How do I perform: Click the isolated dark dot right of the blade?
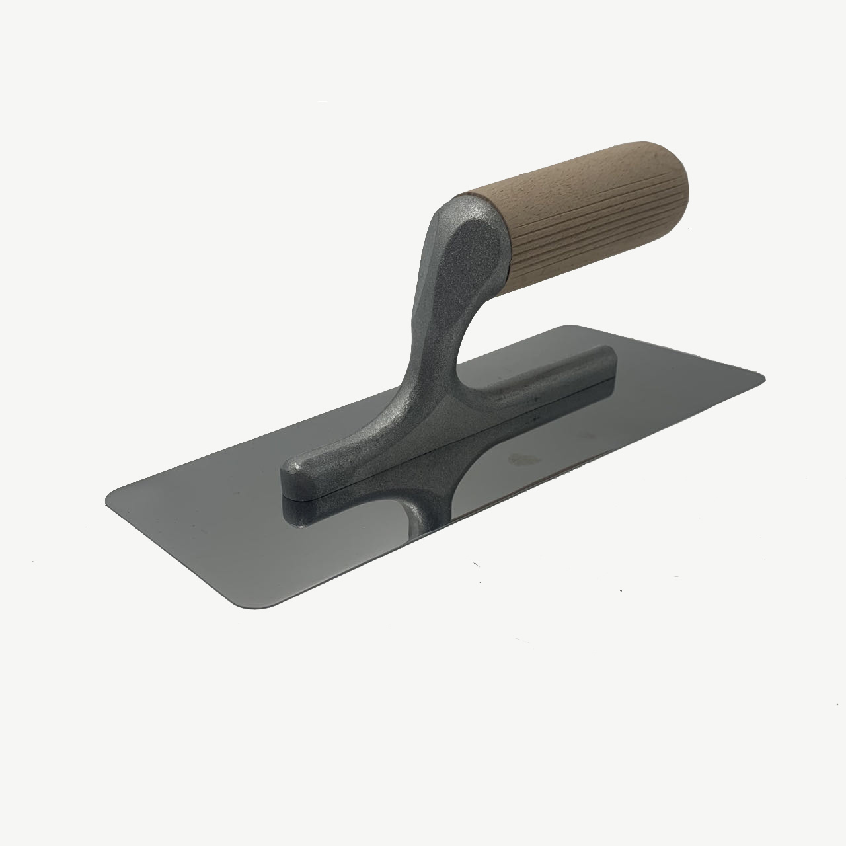620,590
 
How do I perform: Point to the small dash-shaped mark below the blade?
474,564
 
